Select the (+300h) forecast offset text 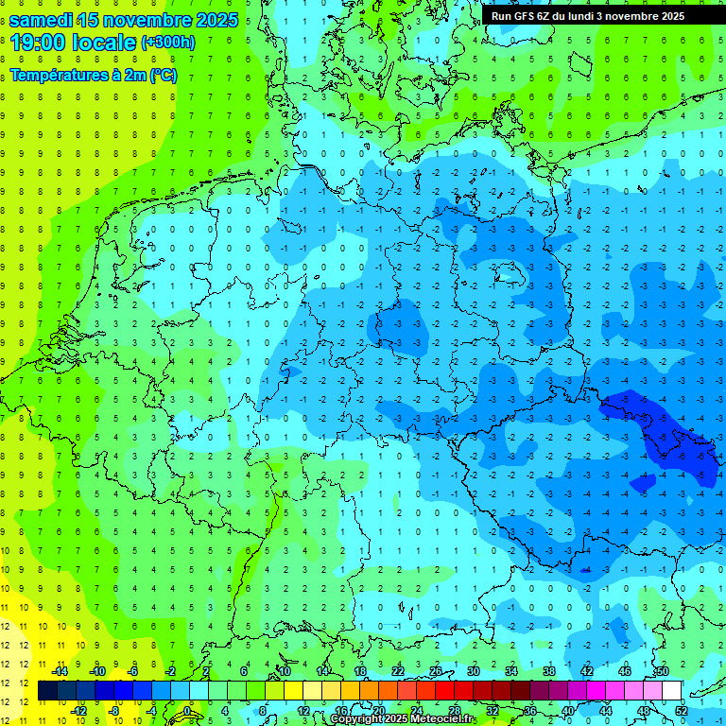coord(167,43)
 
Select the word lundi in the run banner coord(593,16)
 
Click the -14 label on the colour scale coord(59,671)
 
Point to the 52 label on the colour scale coord(681,711)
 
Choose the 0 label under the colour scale coord(188,711)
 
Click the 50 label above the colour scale coord(662,671)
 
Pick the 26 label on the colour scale coord(436,671)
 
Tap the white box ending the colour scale coord(671,691)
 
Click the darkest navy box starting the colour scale coord(48,691)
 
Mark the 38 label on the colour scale coord(548,671)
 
